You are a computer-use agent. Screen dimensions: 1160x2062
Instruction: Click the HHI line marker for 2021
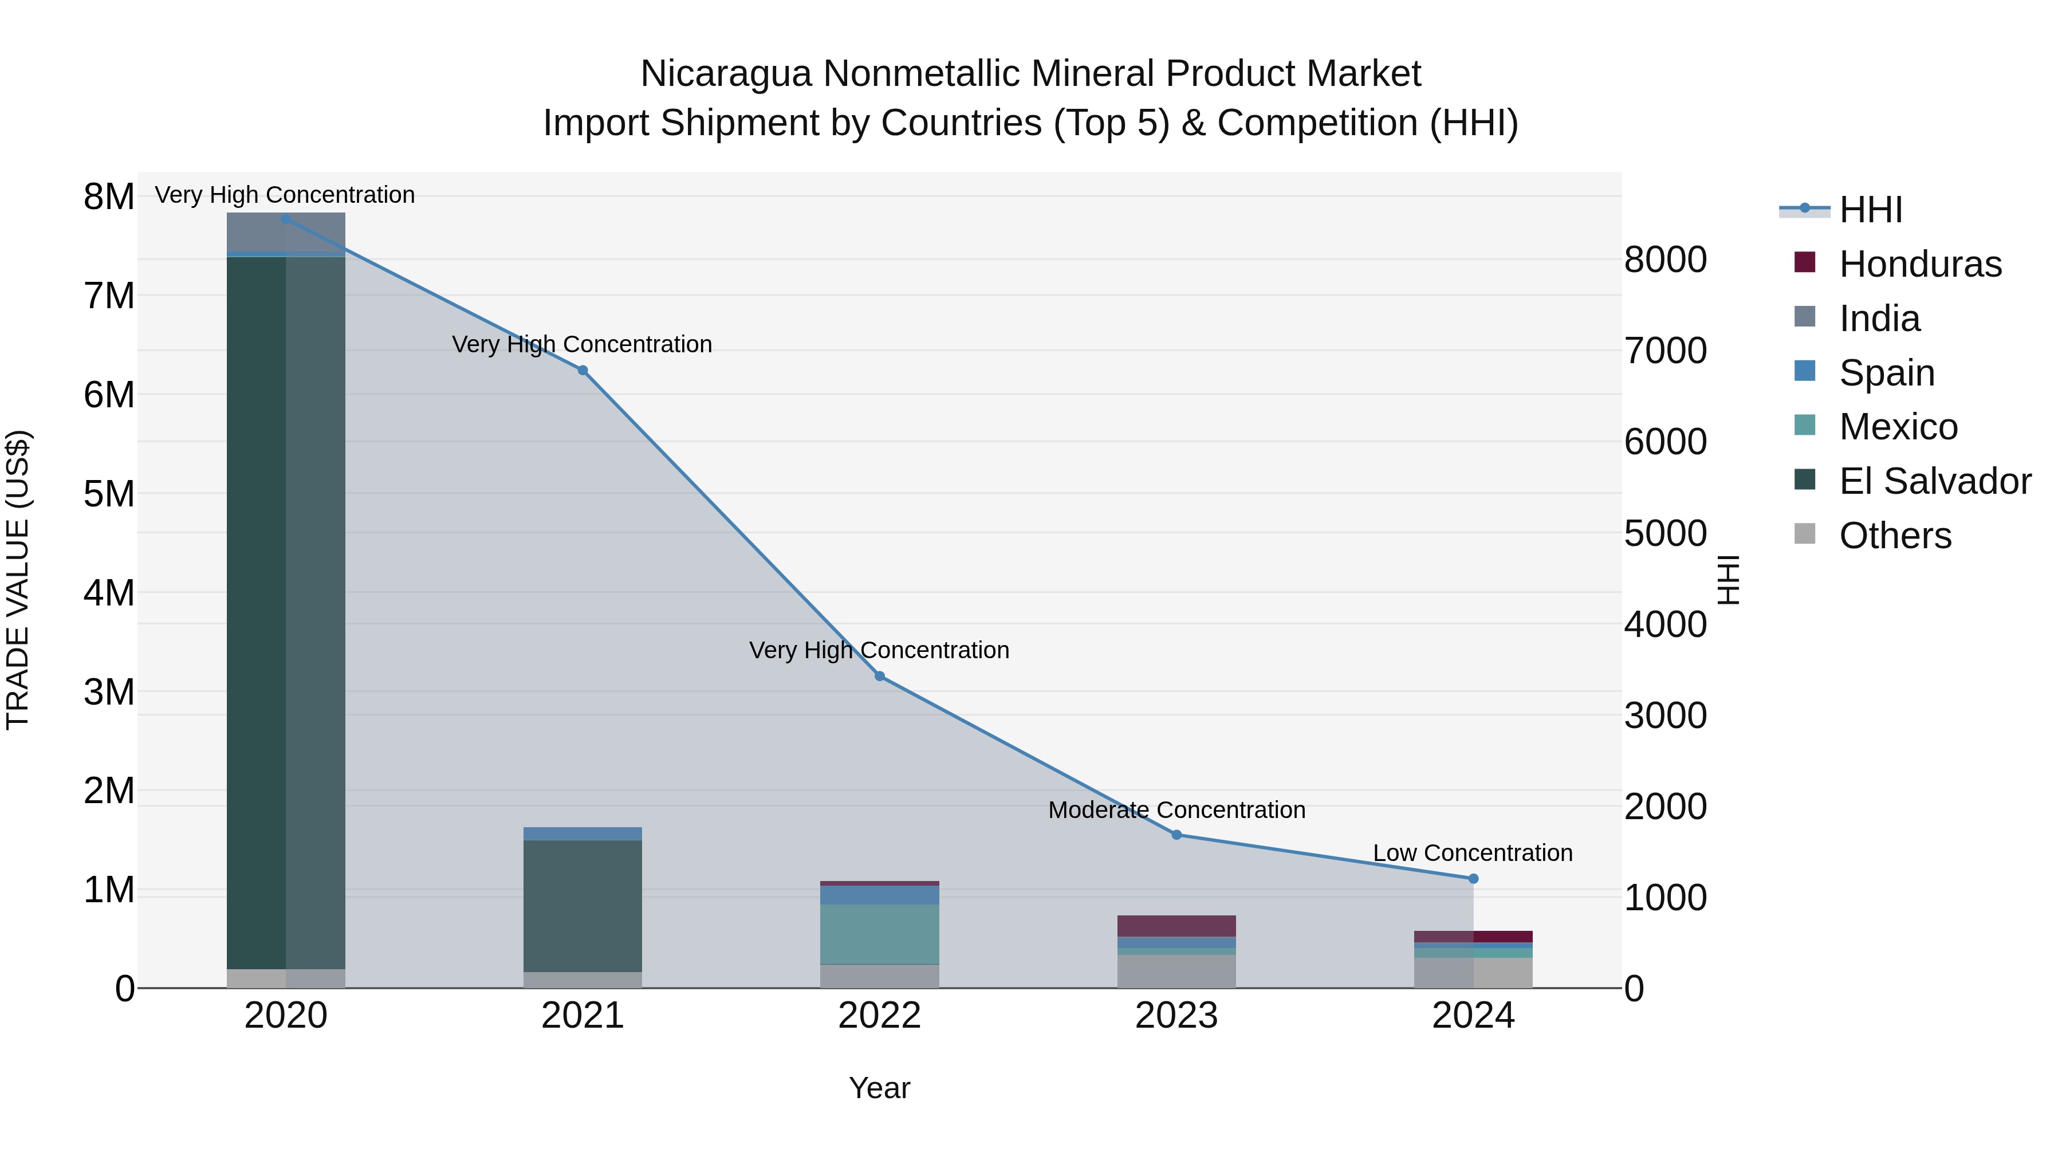(x=583, y=370)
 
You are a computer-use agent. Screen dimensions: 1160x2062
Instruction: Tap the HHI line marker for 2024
(x=1473, y=878)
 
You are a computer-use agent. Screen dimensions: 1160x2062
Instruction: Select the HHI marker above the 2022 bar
(x=880, y=677)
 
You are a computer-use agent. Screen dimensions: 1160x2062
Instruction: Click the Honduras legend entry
(x=1919, y=264)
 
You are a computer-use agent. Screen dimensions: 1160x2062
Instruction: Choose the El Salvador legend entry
(x=1934, y=481)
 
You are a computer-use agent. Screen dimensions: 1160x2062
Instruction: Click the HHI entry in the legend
(x=1870, y=210)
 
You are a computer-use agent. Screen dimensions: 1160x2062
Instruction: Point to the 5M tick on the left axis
(x=109, y=494)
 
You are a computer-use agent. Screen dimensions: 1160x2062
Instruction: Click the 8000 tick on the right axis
(x=1666, y=259)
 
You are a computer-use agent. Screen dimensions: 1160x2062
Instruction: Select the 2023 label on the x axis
(x=1176, y=1016)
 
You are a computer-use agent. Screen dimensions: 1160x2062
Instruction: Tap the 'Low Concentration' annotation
(x=1473, y=852)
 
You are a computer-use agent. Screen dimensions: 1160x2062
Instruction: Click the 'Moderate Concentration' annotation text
(x=1176, y=809)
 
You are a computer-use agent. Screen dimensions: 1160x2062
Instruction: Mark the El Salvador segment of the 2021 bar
(x=583, y=905)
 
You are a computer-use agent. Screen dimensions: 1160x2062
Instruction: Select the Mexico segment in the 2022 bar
(x=880, y=934)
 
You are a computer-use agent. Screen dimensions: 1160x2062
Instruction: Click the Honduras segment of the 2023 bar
(x=1176, y=926)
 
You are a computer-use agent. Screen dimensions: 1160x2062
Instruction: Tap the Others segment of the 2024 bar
(x=1473, y=973)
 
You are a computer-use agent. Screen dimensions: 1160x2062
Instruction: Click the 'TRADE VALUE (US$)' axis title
(x=18, y=580)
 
